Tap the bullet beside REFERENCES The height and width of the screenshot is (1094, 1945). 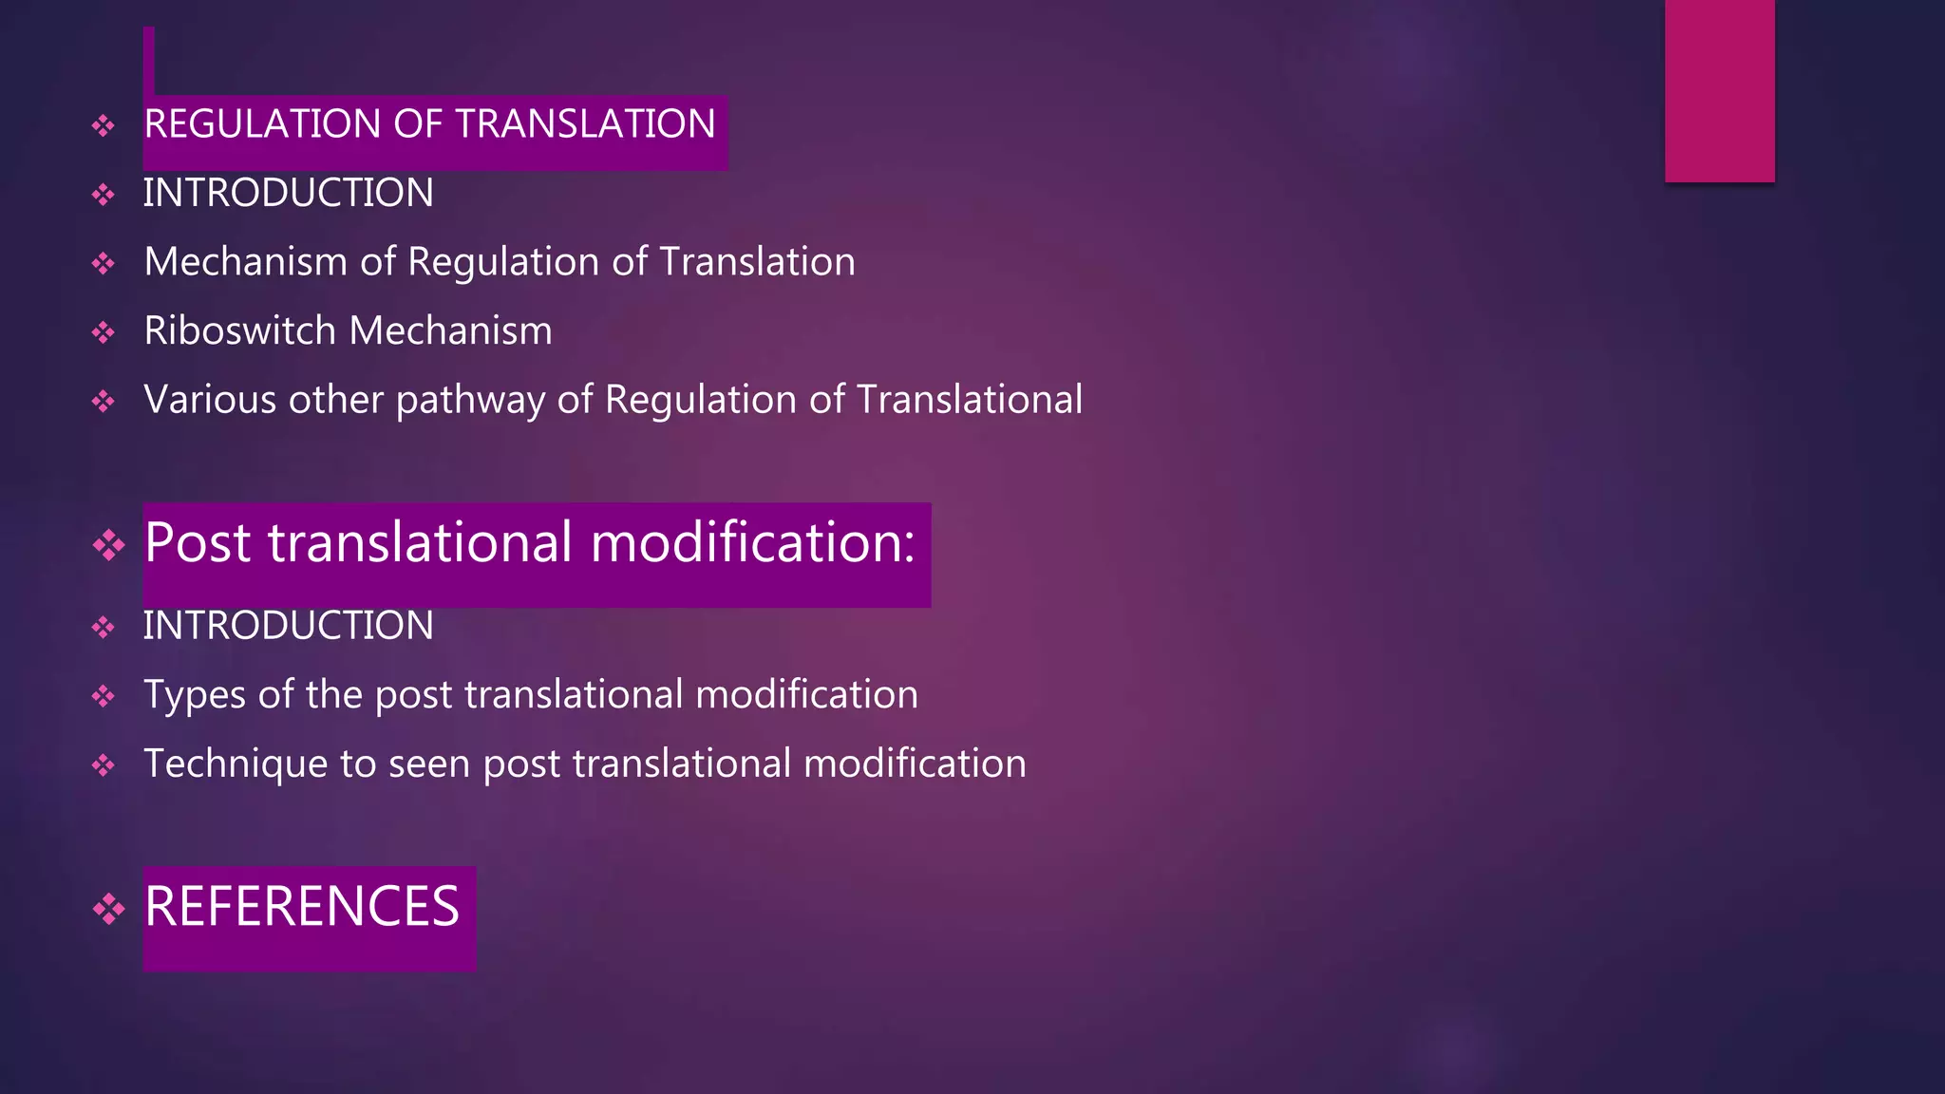click(x=108, y=909)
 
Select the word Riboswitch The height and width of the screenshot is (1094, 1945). click(x=239, y=331)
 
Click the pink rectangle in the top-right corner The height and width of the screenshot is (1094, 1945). click(x=1719, y=90)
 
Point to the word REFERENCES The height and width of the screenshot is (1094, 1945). click(x=302, y=907)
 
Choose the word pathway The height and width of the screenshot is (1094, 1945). click(x=470, y=401)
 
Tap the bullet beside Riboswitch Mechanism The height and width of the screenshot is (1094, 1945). click(x=104, y=332)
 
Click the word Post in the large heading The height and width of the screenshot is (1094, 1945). click(x=198, y=543)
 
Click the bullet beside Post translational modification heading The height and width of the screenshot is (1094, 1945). click(x=108, y=545)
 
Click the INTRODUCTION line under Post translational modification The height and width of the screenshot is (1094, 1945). click(x=288, y=626)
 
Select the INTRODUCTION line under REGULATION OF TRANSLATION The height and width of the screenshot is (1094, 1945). click(x=288, y=194)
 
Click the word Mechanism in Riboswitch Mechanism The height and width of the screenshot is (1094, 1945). click(x=450, y=331)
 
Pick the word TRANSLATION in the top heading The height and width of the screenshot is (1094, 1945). click(x=585, y=124)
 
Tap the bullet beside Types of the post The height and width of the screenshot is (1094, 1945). click(x=104, y=697)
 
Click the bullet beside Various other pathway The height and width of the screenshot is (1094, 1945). click(x=104, y=402)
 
